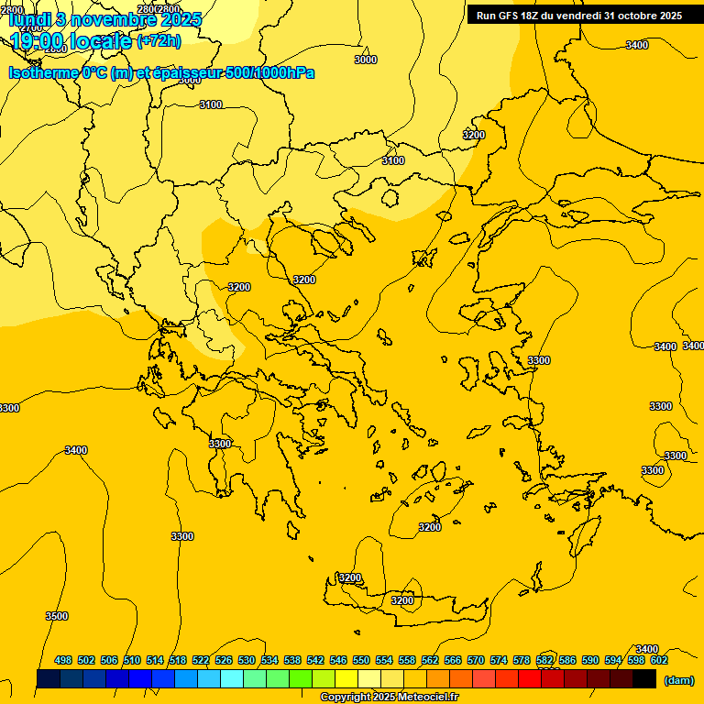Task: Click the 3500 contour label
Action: click(x=57, y=616)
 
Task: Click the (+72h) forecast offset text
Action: click(x=159, y=41)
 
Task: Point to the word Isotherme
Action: click(x=43, y=72)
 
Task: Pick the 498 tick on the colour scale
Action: click(x=63, y=660)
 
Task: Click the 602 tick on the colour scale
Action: click(x=659, y=660)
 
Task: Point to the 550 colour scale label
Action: click(x=361, y=660)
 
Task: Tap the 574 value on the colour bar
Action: click(x=499, y=660)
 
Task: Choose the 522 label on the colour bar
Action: click(x=201, y=660)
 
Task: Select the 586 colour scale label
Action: click(x=567, y=660)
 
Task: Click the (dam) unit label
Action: click(x=678, y=680)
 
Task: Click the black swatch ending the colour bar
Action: click(x=644, y=678)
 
